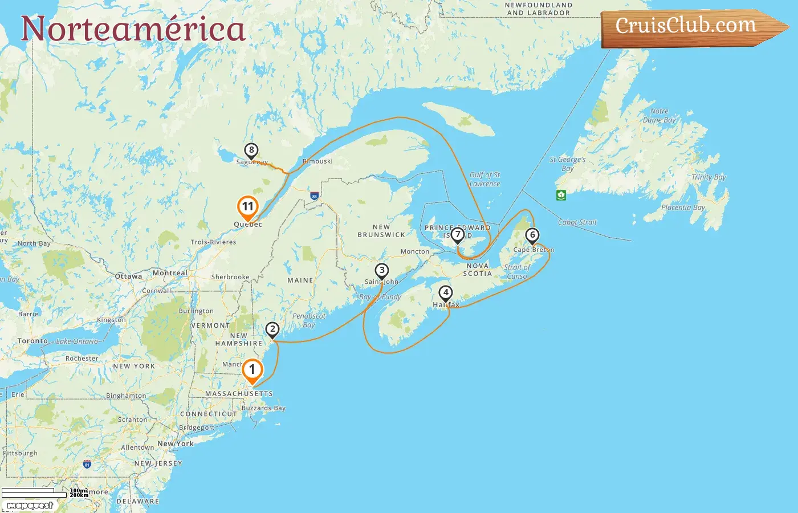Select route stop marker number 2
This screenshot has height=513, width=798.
pos(272,329)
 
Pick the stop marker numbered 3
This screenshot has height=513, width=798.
pos(382,271)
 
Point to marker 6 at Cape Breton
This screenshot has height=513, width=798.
pos(532,235)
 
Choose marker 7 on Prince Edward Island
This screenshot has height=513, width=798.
pos(457,235)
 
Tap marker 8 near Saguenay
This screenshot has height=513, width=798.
pos(251,150)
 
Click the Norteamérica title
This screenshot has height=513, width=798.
pos(133,28)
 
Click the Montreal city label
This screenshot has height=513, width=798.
pos(170,273)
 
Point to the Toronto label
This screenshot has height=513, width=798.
pos(32,341)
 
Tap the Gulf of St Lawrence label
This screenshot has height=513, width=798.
pos(484,179)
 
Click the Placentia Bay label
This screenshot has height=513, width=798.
pos(683,207)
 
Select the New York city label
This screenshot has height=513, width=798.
pos(176,443)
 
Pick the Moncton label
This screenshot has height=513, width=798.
pos(415,251)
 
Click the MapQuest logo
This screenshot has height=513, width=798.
pos(30,506)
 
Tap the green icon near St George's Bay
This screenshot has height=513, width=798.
pos(561,195)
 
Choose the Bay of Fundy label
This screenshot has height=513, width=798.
pos(380,297)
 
